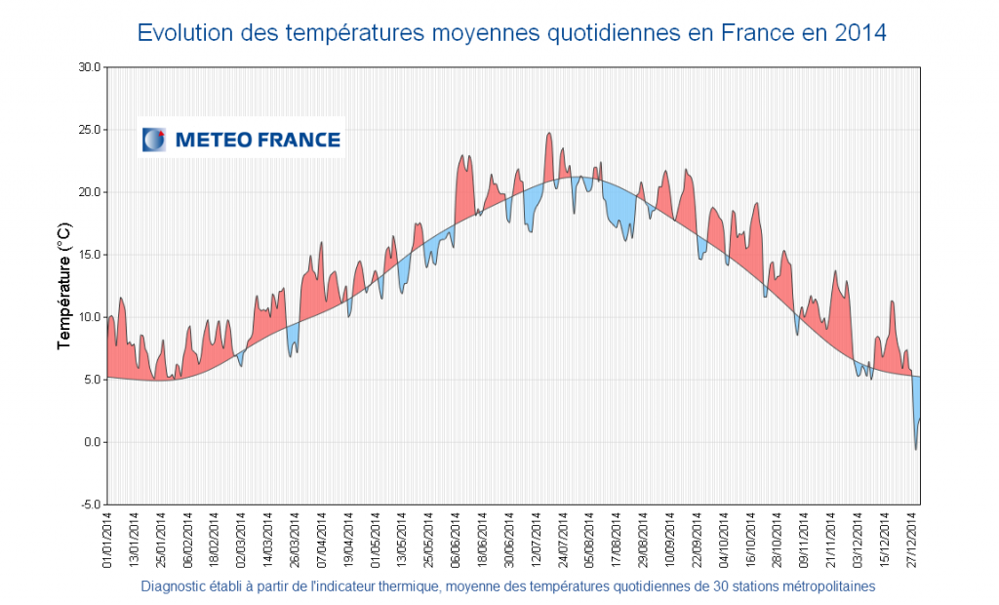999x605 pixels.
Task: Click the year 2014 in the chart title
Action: click(860, 32)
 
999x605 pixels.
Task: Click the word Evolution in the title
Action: click(183, 32)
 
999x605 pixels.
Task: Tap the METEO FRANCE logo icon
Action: click(154, 140)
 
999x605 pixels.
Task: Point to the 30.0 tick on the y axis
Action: click(88, 66)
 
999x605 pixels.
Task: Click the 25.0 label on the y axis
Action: click(88, 129)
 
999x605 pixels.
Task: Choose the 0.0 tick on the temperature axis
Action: click(91, 442)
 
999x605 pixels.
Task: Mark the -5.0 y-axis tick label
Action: click(89, 504)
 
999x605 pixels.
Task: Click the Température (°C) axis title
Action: click(64, 285)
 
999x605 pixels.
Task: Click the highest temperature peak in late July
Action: click(549, 134)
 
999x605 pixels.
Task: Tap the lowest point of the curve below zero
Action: click(916, 448)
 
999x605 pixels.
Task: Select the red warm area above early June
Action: click(464, 190)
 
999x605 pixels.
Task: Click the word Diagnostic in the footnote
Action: click(173, 586)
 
